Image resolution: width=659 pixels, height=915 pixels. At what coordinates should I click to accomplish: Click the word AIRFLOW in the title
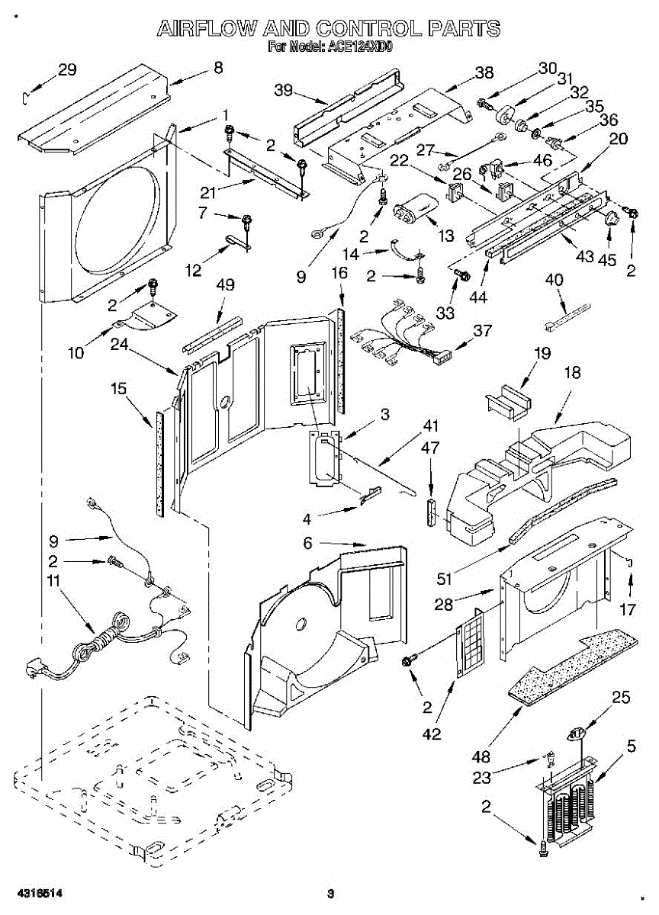[x=207, y=29]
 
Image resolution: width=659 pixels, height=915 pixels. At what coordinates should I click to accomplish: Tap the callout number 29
[x=67, y=70]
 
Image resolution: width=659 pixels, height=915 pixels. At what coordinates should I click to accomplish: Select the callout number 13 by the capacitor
[x=445, y=236]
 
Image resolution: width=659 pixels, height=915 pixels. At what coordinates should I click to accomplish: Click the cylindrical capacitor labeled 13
[x=416, y=209]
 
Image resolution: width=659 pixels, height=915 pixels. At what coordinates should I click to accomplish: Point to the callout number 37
[x=482, y=330]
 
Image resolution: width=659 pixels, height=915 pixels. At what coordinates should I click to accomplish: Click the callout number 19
[x=542, y=353]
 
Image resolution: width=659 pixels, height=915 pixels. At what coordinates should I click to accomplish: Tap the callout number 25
[x=621, y=698]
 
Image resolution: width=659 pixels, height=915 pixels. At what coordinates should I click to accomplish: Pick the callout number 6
[x=307, y=543]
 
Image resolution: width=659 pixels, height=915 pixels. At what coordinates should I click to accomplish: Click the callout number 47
[x=430, y=448]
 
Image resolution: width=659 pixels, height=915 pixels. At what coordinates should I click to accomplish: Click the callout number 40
[x=554, y=280]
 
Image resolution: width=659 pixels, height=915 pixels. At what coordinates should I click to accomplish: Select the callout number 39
[x=284, y=90]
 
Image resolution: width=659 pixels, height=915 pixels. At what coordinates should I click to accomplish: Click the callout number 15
[x=118, y=388]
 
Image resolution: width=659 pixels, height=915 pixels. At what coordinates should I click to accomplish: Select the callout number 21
[x=207, y=192]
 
